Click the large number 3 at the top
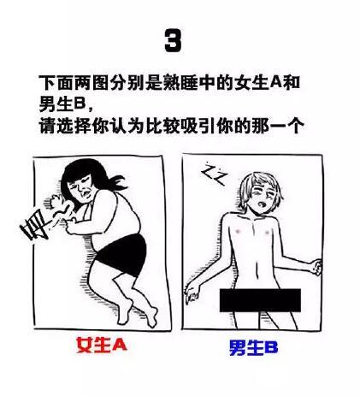173,40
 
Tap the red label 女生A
102,346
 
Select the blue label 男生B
253,348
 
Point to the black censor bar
260,300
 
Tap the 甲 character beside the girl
33,226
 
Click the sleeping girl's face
82,190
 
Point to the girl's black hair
86,174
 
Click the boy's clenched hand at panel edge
316,266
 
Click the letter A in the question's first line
275,83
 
